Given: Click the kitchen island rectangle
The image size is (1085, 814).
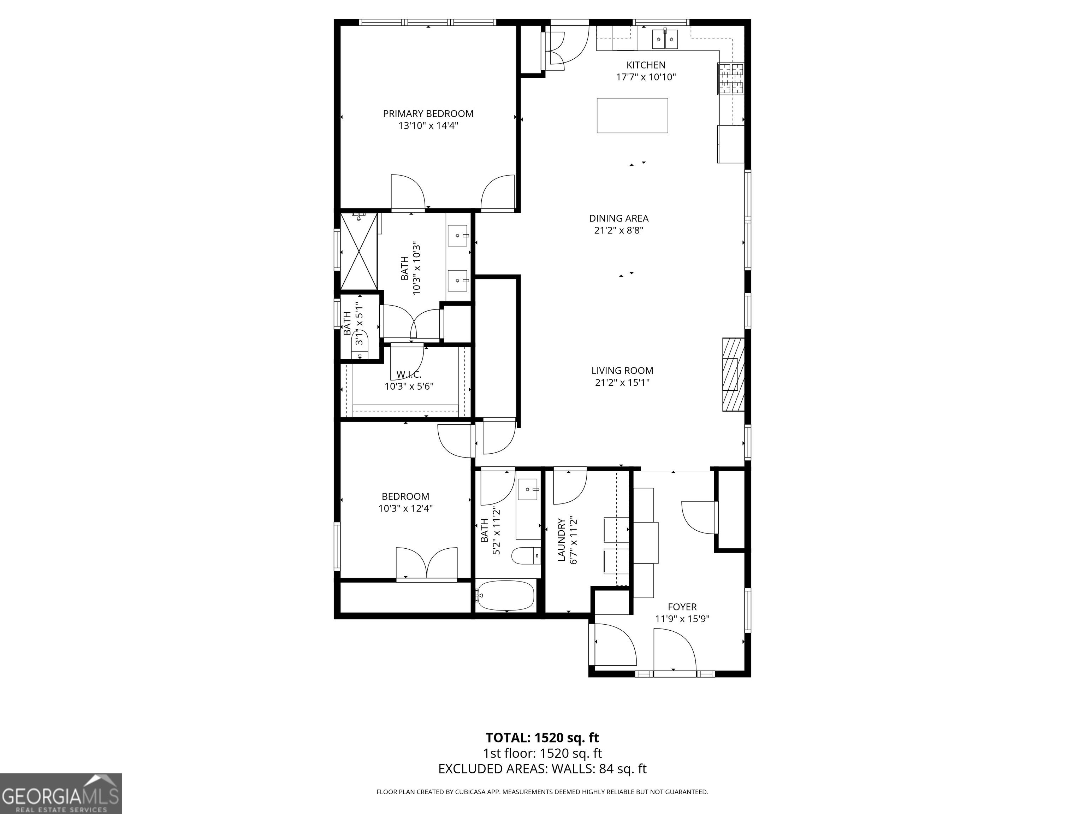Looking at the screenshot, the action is click(x=632, y=115).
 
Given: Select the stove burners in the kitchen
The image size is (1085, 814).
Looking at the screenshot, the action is click(x=731, y=78).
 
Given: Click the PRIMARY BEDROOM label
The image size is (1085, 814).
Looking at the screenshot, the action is click(x=428, y=114).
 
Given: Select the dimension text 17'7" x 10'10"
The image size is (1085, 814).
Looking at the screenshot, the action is click(x=646, y=77).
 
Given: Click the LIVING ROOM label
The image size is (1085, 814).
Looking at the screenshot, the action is click(x=622, y=371).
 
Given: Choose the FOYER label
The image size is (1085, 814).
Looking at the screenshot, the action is click(x=682, y=607).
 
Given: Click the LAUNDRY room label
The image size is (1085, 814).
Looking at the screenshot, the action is click(x=562, y=540).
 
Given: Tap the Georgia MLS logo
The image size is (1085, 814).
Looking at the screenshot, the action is click(x=61, y=794).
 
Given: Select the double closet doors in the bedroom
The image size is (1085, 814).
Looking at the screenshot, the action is click(x=426, y=563).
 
